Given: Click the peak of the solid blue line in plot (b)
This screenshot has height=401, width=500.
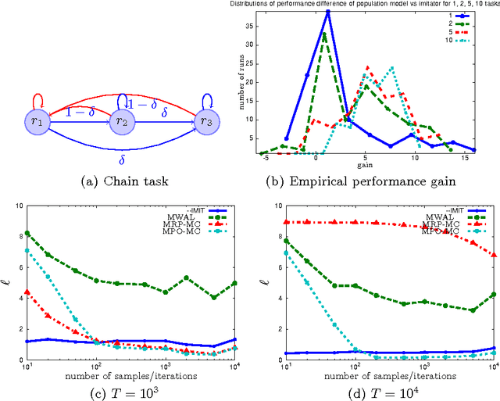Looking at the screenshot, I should (327, 12).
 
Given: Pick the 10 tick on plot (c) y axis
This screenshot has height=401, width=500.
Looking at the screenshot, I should (27, 205).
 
